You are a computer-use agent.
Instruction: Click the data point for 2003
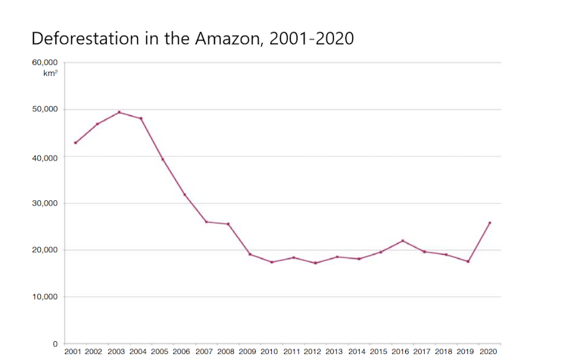tap(119, 112)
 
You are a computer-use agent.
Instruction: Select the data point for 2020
tap(490, 223)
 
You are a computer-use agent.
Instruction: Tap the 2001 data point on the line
tap(75, 142)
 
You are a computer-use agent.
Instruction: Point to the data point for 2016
tap(403, 241)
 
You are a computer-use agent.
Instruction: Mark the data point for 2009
tap(250, 254)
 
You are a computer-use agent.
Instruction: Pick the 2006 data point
tap(184, 195)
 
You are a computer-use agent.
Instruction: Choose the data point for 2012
tap(315, 263)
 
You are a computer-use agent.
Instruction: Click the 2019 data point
tap(468, 261)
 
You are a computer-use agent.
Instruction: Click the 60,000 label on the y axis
tap(45, 62)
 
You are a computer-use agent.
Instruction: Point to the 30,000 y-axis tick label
tap(45, 203)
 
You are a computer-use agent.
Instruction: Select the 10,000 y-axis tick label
tap(45, 296)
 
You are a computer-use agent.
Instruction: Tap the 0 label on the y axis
tap(55, 343)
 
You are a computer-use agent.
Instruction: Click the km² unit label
tap(50, 74)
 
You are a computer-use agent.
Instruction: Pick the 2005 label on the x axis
tap(160, 352)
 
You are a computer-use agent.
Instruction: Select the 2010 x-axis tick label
tap(269, 352)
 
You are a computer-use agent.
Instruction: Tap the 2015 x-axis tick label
tap(378, 352)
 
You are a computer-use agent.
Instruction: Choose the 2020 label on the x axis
tap(488, 352)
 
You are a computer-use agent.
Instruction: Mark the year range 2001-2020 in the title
tap(315, 38)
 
